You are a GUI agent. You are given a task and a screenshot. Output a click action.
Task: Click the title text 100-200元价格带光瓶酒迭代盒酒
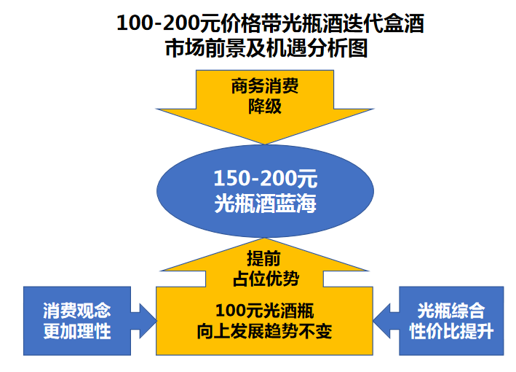(270, 23)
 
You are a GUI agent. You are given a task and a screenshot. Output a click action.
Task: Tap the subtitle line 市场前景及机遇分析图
(266, 48)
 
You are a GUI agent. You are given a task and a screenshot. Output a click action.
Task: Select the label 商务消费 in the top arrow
(265, 86)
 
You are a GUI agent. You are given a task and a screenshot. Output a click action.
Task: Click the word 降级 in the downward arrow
(265, 106)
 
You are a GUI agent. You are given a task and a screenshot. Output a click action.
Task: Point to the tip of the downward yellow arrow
(265, 144)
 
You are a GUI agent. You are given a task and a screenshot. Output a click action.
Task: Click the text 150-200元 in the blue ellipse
(265, 179)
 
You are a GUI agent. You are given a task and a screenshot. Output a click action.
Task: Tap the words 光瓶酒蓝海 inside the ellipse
(265, 204)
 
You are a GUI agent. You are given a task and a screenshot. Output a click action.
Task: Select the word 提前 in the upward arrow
(264, 258)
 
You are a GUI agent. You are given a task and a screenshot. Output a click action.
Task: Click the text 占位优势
(266, 279)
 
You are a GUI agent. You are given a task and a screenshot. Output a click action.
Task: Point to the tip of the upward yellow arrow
(265, 239)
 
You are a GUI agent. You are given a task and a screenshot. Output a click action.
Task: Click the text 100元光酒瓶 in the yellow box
(265, 311)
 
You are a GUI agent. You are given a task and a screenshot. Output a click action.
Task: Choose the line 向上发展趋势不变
(265, 331)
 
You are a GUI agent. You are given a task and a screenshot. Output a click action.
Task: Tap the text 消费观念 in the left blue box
(77, 311)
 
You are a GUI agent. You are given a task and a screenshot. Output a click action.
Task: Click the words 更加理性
(77, 331)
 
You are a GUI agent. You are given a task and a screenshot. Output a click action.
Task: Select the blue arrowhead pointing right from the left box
(148, 321)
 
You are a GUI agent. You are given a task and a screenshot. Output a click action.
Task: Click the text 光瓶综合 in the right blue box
(451, 311)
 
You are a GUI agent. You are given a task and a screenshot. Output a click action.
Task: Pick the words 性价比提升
(451, 331)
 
